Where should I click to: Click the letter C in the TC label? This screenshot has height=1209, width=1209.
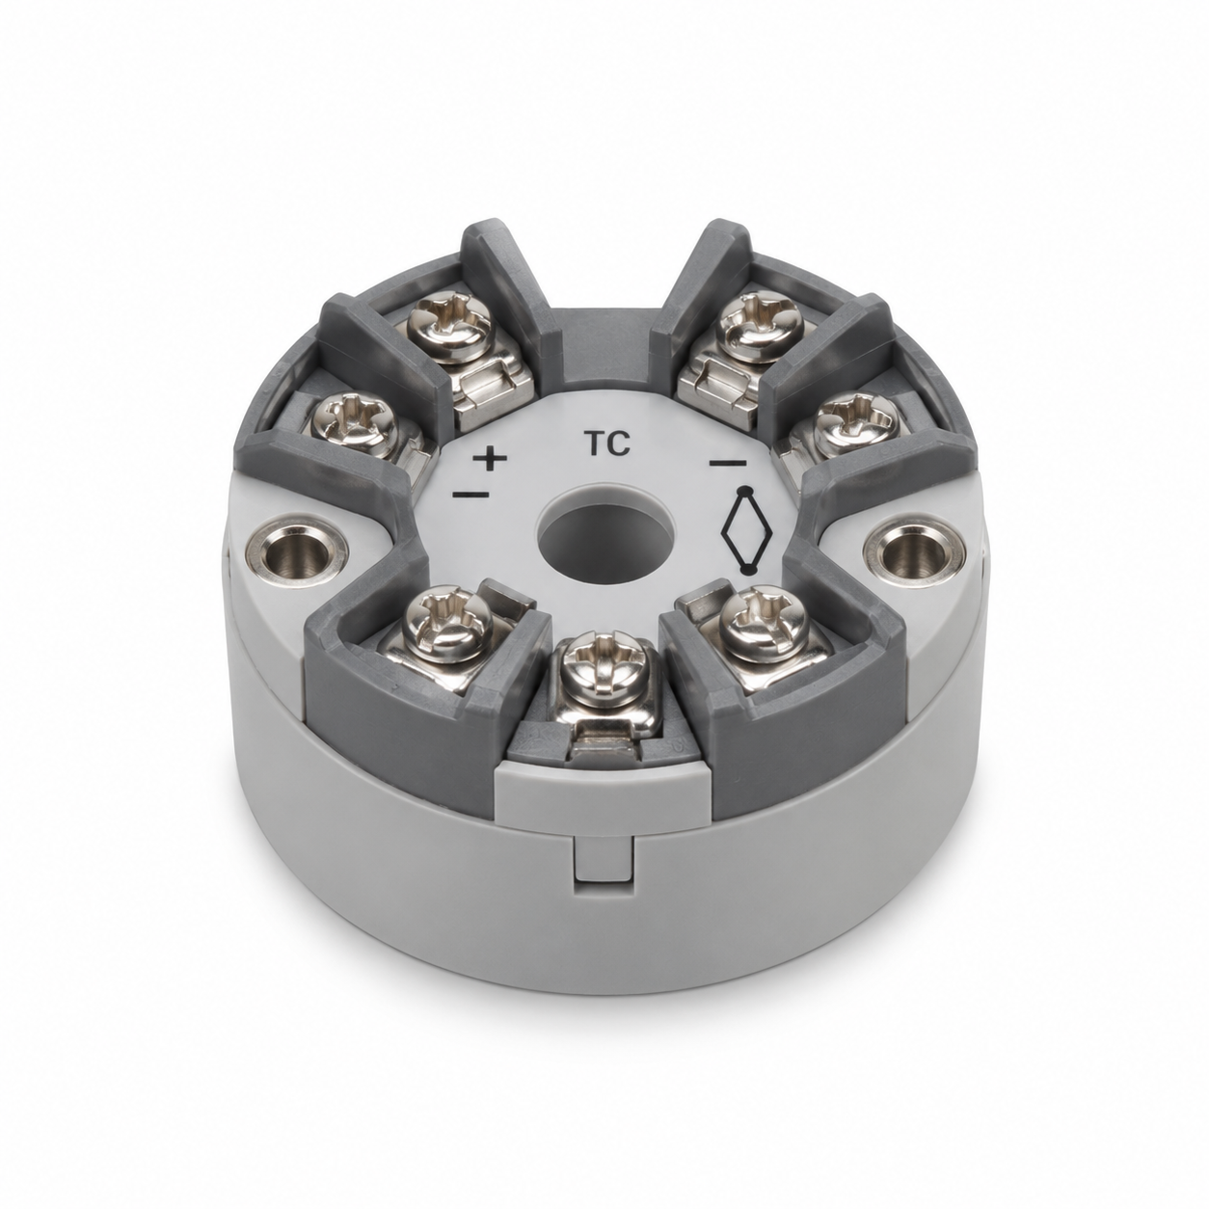click(618, 443)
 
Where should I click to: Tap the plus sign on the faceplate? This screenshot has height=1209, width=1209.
click(490, 459)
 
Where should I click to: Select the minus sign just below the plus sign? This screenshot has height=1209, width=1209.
click(470, 495)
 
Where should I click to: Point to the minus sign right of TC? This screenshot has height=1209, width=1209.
click(728, 463)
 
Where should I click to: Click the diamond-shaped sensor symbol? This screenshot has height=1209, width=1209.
click(746, 529)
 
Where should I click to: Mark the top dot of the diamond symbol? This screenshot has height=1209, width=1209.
click(745, 490)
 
